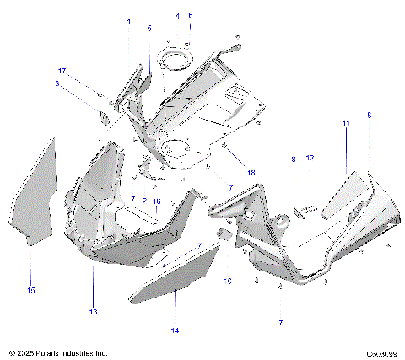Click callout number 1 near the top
[129, 21]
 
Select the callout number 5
[149, 28]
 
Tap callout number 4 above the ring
[177, 16]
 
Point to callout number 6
[190, 16]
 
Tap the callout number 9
[293, 159]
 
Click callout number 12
[310, 159]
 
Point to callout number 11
[345, 123]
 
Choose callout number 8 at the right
[369, 115]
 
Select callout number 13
[94, 311]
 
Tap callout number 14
[175, 331]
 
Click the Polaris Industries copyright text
[57, 352]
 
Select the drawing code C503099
[381, 352]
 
